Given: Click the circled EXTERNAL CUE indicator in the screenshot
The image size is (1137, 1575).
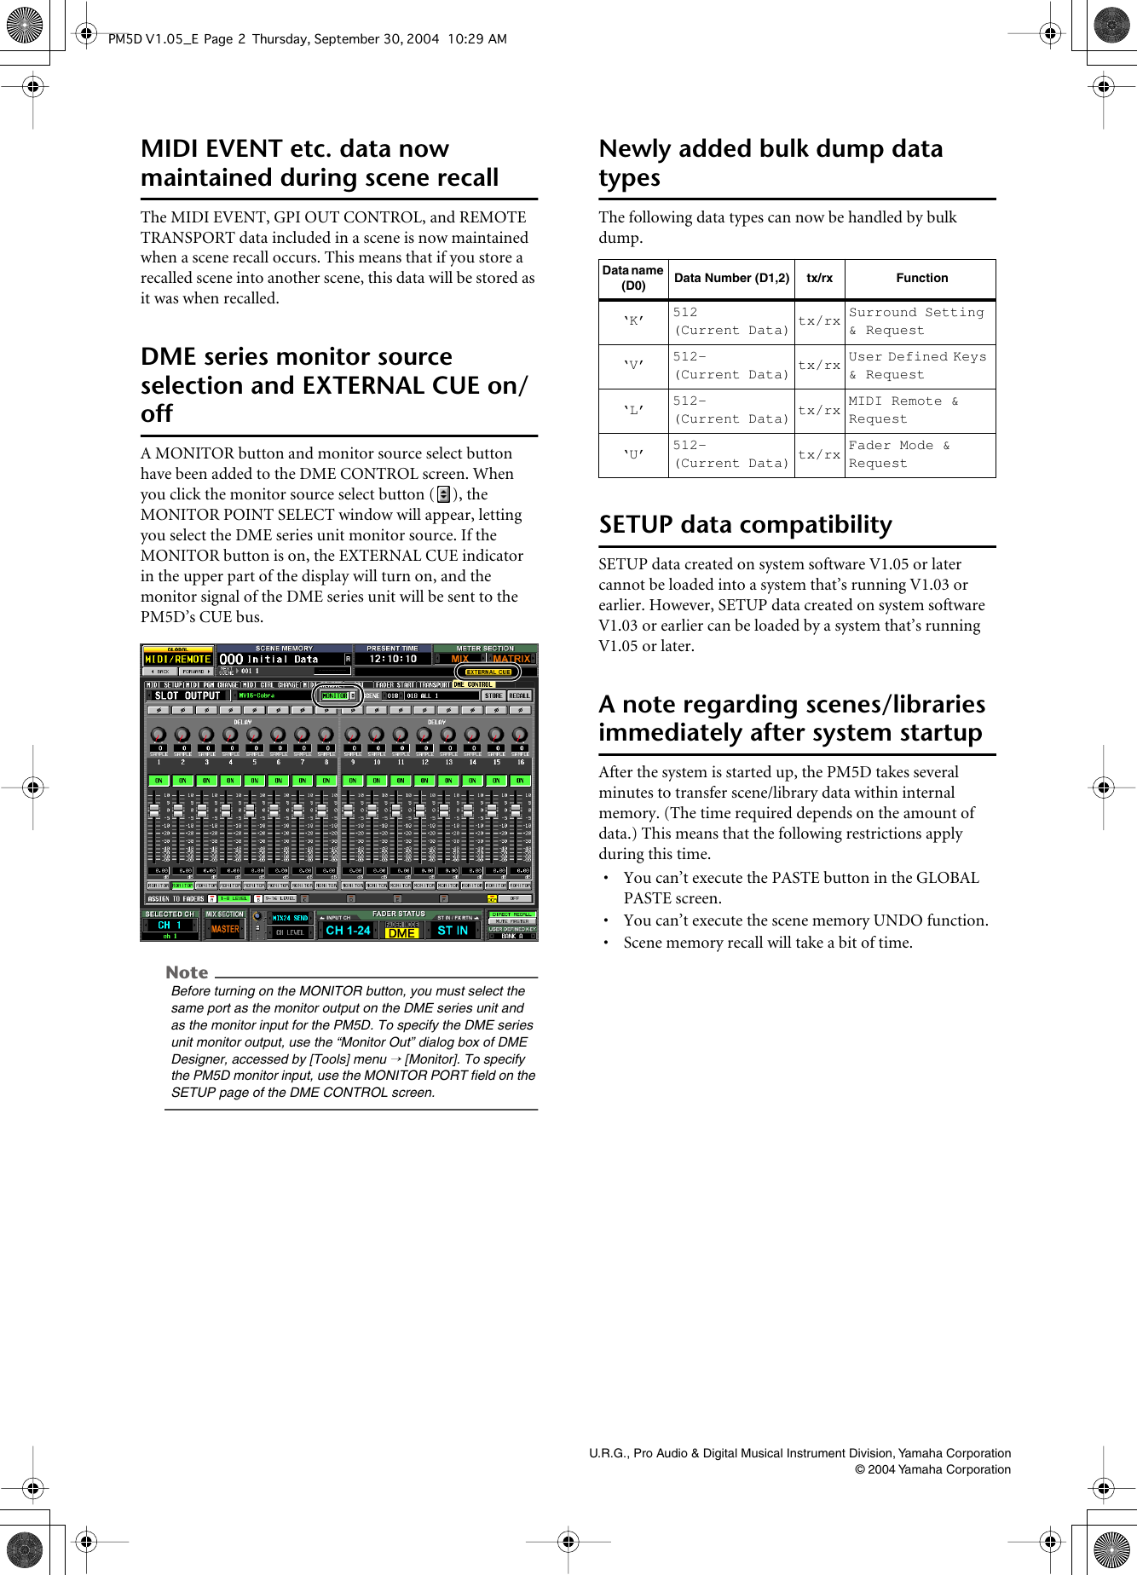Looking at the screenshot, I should (x=488, y=672).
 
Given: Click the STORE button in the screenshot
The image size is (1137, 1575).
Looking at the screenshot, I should (x=493, y=695).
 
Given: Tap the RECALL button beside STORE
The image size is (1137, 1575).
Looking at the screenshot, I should (x=520, y=695).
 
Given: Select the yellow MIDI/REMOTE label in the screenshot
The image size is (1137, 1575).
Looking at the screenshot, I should (x=177, y=659).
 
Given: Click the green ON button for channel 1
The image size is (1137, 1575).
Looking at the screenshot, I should (x=159, y=780).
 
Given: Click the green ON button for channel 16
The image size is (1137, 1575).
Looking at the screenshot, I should (x=520, y=780).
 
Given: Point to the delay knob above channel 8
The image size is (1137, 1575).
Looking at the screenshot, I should (x=326, y=734).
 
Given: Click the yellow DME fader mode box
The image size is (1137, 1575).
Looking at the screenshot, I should (x=401, y=932).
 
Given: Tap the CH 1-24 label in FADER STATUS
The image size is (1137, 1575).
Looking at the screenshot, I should (x=348, y=930).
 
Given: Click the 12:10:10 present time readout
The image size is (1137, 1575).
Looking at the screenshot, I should (x=393, y=659).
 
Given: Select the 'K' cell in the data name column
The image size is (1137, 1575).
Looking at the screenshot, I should (x=633, y=321).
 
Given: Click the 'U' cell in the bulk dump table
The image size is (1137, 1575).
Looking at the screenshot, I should (x=633, y=454).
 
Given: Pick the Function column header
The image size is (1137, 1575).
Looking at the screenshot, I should (x=921, y=278).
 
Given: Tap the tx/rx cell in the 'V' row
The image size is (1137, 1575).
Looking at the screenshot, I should (x=819, y=366).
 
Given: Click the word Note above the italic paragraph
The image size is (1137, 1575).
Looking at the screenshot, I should (x=187, y=972).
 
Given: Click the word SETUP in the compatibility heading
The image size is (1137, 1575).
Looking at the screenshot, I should (x=636, y=524).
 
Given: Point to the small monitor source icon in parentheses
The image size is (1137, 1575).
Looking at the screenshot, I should (x=443, y=494).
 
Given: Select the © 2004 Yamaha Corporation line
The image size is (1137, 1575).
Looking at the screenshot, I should (x=932, y=1469).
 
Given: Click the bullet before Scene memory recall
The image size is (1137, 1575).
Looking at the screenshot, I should (x=606, y=943).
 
